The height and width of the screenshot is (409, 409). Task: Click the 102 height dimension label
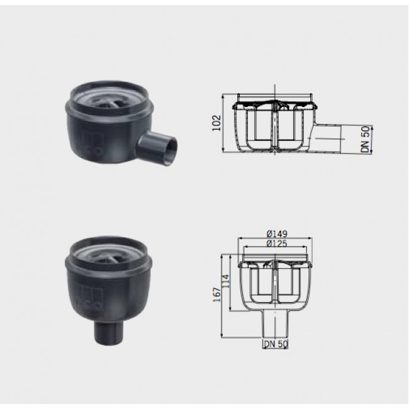[216, 123]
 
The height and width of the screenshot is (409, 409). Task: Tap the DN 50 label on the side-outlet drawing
[366, 139]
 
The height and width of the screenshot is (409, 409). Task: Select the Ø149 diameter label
[277, 233]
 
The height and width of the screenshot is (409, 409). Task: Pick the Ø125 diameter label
[277, 244]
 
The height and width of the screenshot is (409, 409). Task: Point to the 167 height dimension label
[217, 294]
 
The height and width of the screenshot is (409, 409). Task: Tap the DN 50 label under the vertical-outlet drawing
[276, 344]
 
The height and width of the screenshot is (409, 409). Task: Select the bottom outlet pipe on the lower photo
[108, 333]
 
